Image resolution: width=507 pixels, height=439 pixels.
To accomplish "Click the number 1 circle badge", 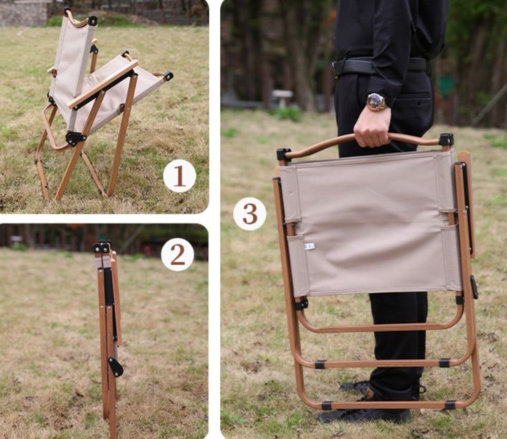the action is [x=180, y=176].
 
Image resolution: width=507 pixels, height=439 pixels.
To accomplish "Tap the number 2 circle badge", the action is [x=177, y=255].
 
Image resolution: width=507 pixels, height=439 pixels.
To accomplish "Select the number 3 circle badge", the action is [x=250, y=214].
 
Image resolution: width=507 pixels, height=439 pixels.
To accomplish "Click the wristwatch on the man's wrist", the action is [x=376, y=102].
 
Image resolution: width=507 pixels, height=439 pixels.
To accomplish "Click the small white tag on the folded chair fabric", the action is [x=309, y=247].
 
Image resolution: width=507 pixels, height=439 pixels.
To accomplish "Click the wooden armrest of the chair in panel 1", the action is [x=103, y=84].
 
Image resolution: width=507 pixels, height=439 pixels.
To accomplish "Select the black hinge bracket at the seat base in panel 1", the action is [x=76, y=139].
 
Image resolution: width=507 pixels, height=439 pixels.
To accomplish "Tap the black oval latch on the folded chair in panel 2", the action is [x=116, y=367].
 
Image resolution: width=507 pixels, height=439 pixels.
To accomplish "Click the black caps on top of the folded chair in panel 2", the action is [x=102, y=247].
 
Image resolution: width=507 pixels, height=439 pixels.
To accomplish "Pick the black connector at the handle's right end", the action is [x=446, y=139].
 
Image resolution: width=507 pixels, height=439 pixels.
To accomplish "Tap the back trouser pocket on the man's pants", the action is [x=421, y=97].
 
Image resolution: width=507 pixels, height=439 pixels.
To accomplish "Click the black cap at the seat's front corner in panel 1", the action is [x=168, y=76].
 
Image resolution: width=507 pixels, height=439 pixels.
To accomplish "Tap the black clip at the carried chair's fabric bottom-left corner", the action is [x=301, y=304].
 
